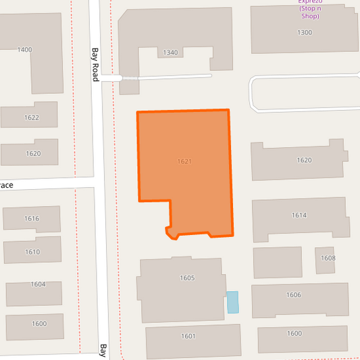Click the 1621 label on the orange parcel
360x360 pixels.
[x=184, y=161]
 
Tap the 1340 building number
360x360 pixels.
[x=170, y=53]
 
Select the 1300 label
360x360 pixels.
[x=305, y=32]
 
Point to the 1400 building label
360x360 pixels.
[x=25, y=50]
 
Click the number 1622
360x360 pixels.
[x=32, y=118]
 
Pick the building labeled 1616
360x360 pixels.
[x=32, y=218]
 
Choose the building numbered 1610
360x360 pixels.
[x=32, y=252]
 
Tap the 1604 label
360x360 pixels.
[x=38, y=284]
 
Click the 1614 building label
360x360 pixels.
[x=299, y=215]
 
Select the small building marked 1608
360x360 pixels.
[x=328, y=258]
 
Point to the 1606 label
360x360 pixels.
[x=294, y=295]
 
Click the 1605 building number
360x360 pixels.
[x=187, y=278]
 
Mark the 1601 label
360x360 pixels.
[x=188, y=336]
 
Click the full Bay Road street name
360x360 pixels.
[x=95, y=63]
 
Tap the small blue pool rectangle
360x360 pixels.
[x=232, y=302]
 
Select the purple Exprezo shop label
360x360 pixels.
[x=309, y=9]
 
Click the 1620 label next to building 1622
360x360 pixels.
[x=33, y=153]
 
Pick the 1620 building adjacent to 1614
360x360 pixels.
[x=304, y=160]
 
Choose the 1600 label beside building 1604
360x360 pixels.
[x=39, y=324]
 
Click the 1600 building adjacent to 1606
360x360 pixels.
[x=294, y=333]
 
